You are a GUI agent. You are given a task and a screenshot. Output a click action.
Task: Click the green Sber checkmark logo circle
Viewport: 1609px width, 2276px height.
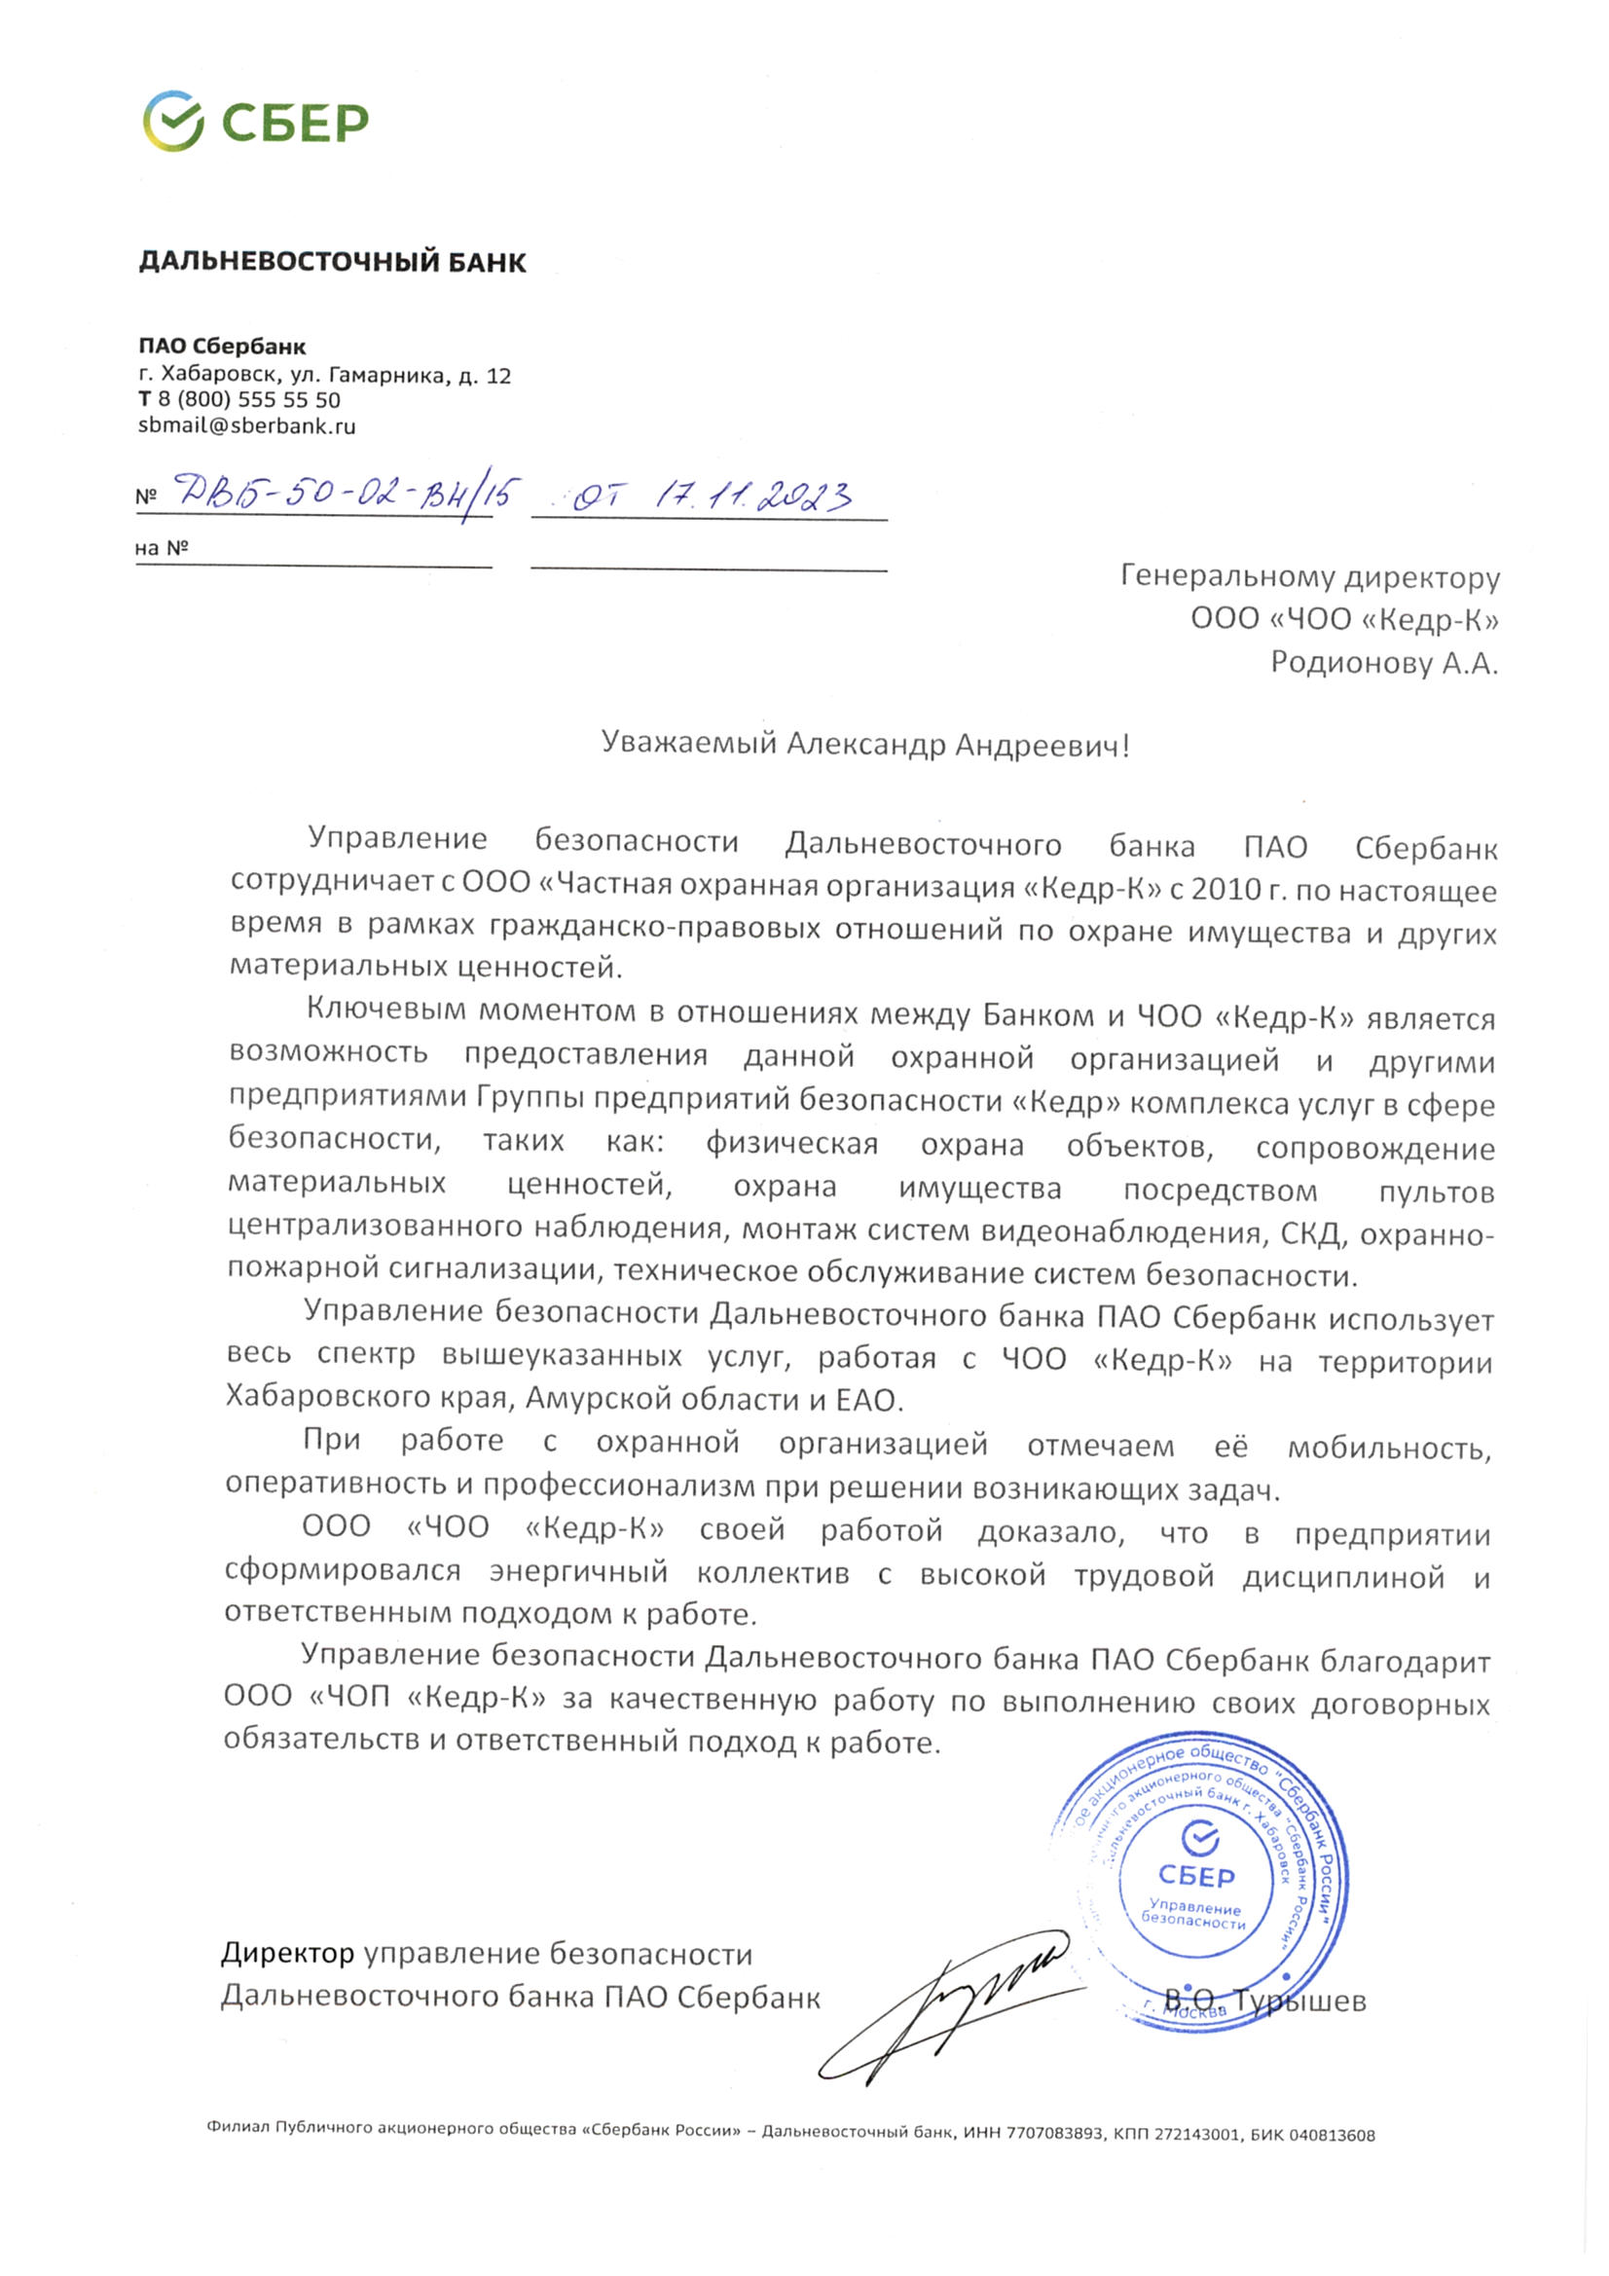pos(172,121)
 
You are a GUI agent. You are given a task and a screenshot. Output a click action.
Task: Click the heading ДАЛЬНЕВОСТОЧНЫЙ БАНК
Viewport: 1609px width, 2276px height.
pos(332,262)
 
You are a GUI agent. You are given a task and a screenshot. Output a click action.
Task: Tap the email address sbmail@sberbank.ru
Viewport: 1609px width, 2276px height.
pos(246,426)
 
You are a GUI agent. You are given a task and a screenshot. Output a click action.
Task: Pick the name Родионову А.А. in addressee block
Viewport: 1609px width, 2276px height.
pos(1384,662)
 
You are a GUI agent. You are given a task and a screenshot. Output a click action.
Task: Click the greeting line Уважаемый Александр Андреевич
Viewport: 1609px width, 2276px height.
pos(864,744)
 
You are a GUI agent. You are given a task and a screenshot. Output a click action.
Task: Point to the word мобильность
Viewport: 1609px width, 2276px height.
pos(1389,1448)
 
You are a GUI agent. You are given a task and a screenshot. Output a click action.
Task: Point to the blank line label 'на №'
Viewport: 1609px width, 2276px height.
pos(162,547)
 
